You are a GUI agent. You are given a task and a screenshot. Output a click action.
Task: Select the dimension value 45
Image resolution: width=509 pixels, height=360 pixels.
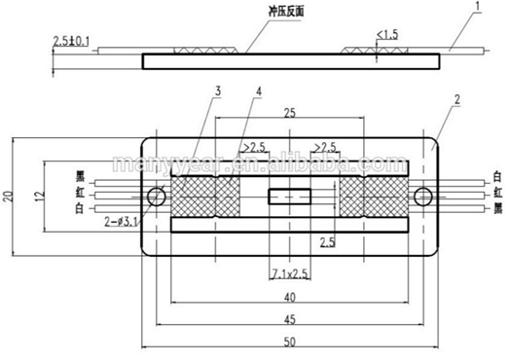pyautogui.click(x=289, y=317)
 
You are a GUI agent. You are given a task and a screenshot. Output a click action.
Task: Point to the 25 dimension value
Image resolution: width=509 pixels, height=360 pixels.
pyautogui.click(x=289, y=114)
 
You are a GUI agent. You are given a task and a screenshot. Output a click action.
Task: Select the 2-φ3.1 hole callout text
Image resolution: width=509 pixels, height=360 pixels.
pyautogui.click(x=118, y=221)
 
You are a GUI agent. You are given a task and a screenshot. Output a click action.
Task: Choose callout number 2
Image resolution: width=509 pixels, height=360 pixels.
pyautogui.click(x=456, y=99)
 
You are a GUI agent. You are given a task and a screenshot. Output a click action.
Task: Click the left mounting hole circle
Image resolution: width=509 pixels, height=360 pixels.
pyautogui.click(x=156, y=198)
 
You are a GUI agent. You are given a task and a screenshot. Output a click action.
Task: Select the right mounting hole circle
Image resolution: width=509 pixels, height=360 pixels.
pyautogui.click(x=421, y=198)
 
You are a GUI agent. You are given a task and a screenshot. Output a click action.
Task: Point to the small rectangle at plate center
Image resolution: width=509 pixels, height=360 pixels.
pyautogui.click(x=289, y=198)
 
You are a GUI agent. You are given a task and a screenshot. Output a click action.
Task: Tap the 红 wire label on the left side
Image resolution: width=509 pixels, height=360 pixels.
pyautogui.click(x=78, y=194)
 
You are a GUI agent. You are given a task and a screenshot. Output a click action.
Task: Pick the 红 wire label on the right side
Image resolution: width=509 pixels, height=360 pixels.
pyautogui.click(x=497, y=193)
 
